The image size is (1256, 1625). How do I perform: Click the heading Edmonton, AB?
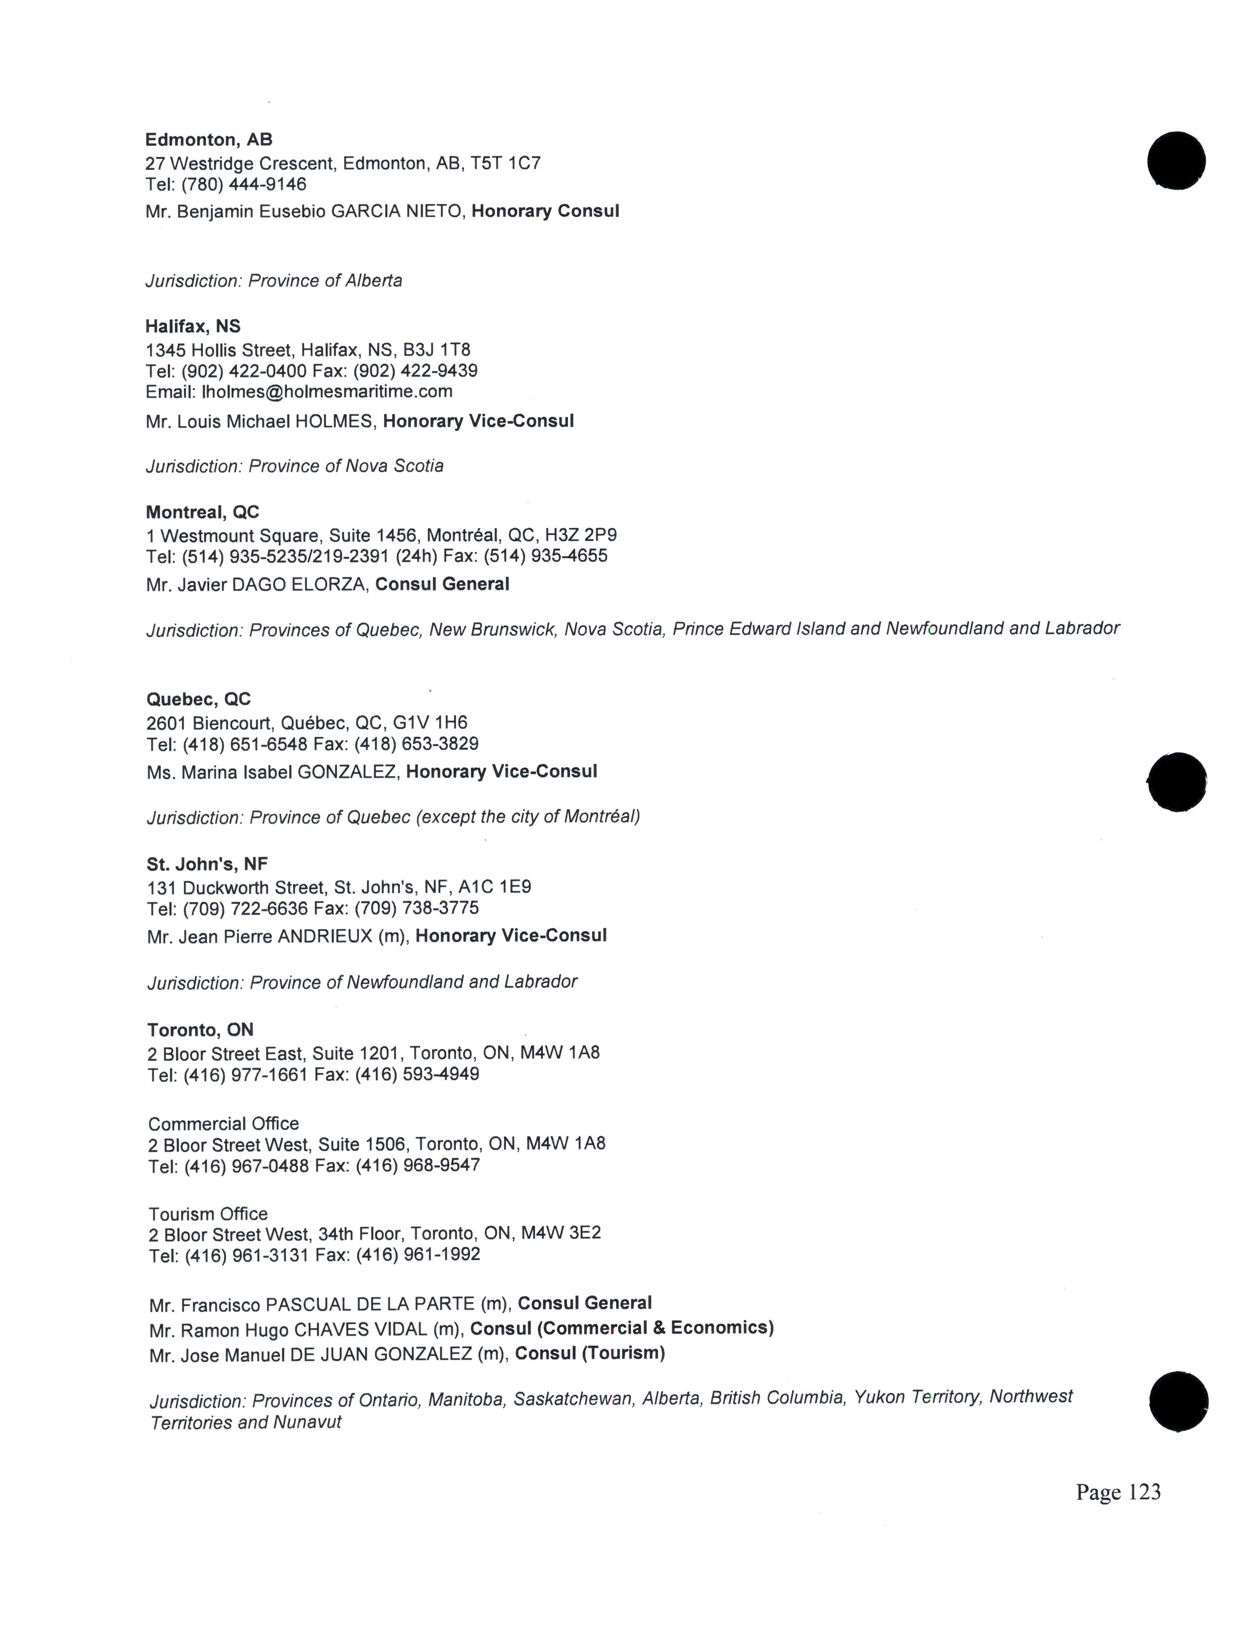click(x=208, y=140)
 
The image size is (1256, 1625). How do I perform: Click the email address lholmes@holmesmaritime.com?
click(x=327, y=391)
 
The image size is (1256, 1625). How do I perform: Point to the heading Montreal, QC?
click(x=202, y=512)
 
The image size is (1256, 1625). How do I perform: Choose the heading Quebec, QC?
click(x=198, y=699)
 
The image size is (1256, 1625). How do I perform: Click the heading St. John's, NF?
click(x=207, y=864)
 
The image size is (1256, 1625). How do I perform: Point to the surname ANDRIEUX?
click(x=325, y=936)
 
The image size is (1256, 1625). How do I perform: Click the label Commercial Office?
click(x=223, y=1124)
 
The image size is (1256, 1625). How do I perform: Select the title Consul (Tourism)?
click(x=589, y=1353)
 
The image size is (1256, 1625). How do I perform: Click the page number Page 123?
click(x=1118, y=1492)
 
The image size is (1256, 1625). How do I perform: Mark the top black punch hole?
click(x=1176, y=161)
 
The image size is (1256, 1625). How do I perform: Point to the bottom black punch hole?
click(x=1179, y=1402)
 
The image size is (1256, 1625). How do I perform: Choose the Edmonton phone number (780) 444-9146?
click(x=244, y=184)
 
